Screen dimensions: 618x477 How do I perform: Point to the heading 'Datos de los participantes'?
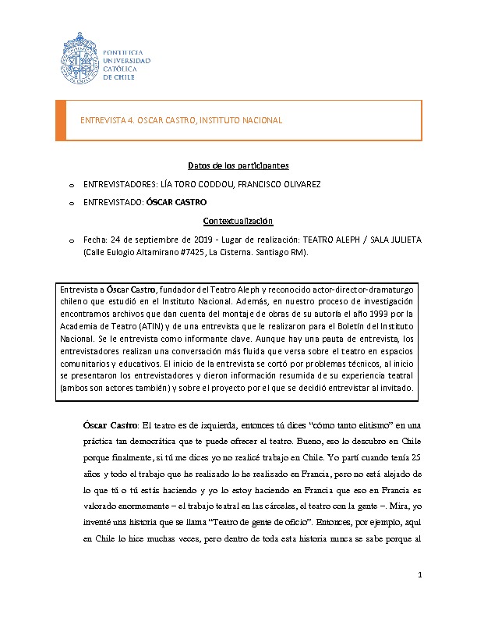238,165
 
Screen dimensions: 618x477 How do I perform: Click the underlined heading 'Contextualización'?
238,221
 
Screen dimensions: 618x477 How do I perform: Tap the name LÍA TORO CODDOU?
198,184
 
